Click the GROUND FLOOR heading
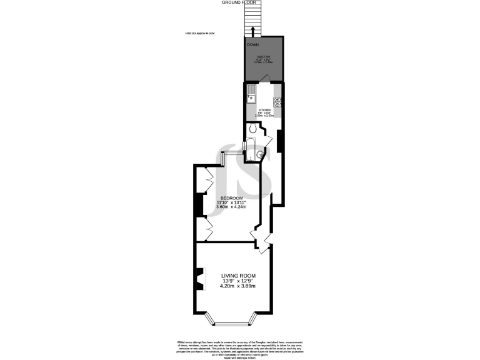pos(239,2)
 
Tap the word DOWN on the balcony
pos(253,45)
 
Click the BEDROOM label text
pos(231,197)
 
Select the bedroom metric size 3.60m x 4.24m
pos(231,207)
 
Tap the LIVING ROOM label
pos(238,275)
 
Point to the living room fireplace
pos(199,279)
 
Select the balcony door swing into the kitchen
pos(266,78)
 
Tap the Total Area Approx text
pos(200,33)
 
